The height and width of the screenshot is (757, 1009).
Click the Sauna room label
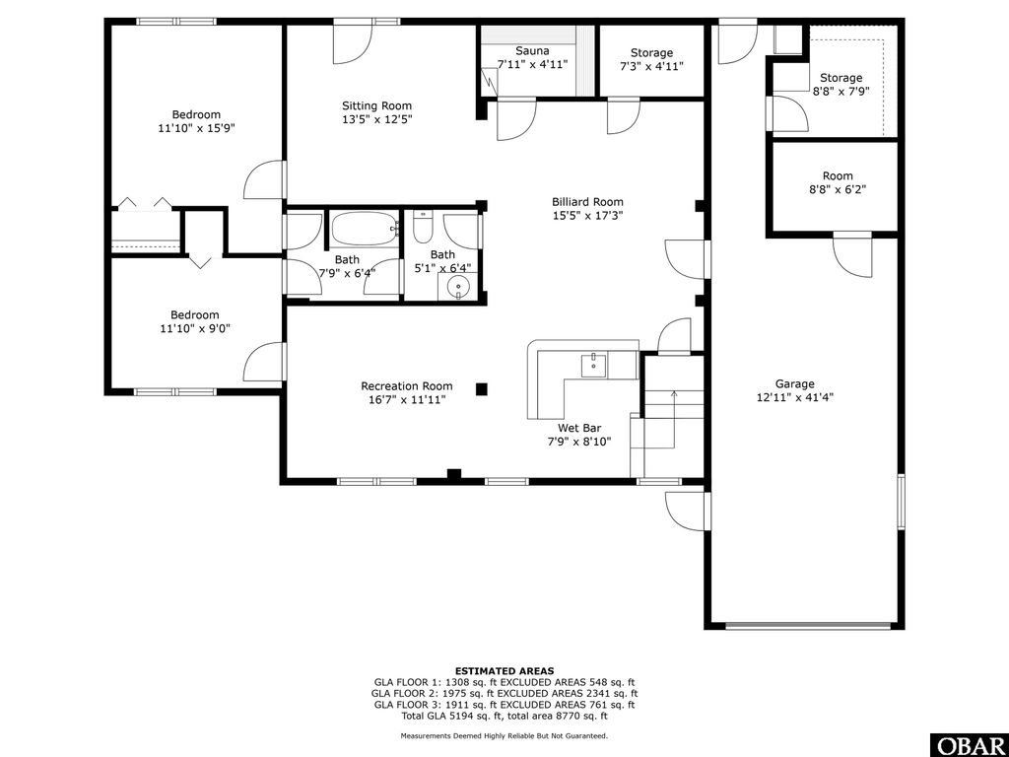pyautogui.click(x=532, y=50)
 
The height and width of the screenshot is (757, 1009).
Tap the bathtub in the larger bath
pyautogui.click(x=362, y=230)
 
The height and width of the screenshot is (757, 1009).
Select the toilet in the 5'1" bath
pyautogui.click(x=421, y=229)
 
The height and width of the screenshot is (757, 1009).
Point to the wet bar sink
pyautogui.click(x=594, y=364)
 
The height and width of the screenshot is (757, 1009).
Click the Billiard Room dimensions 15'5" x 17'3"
pyautogui.click(x=587, y=215)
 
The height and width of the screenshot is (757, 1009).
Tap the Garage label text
pyautogui.click(x=794, y=384)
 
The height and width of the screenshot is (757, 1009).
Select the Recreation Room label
pyautogui.click(x=406, y=386)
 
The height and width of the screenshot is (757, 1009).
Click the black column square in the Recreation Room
pyautogui.click(x=481, y=388)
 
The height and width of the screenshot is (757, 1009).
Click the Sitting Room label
pyautogui.click(x=376, y=105)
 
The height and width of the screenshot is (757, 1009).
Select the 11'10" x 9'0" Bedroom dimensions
pyautogui.click(x=195, y=329)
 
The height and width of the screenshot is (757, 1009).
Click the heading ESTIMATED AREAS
pyautogui.click(x=504, y=670)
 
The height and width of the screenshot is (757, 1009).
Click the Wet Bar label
pyautogui.click(x=579, y=428)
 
